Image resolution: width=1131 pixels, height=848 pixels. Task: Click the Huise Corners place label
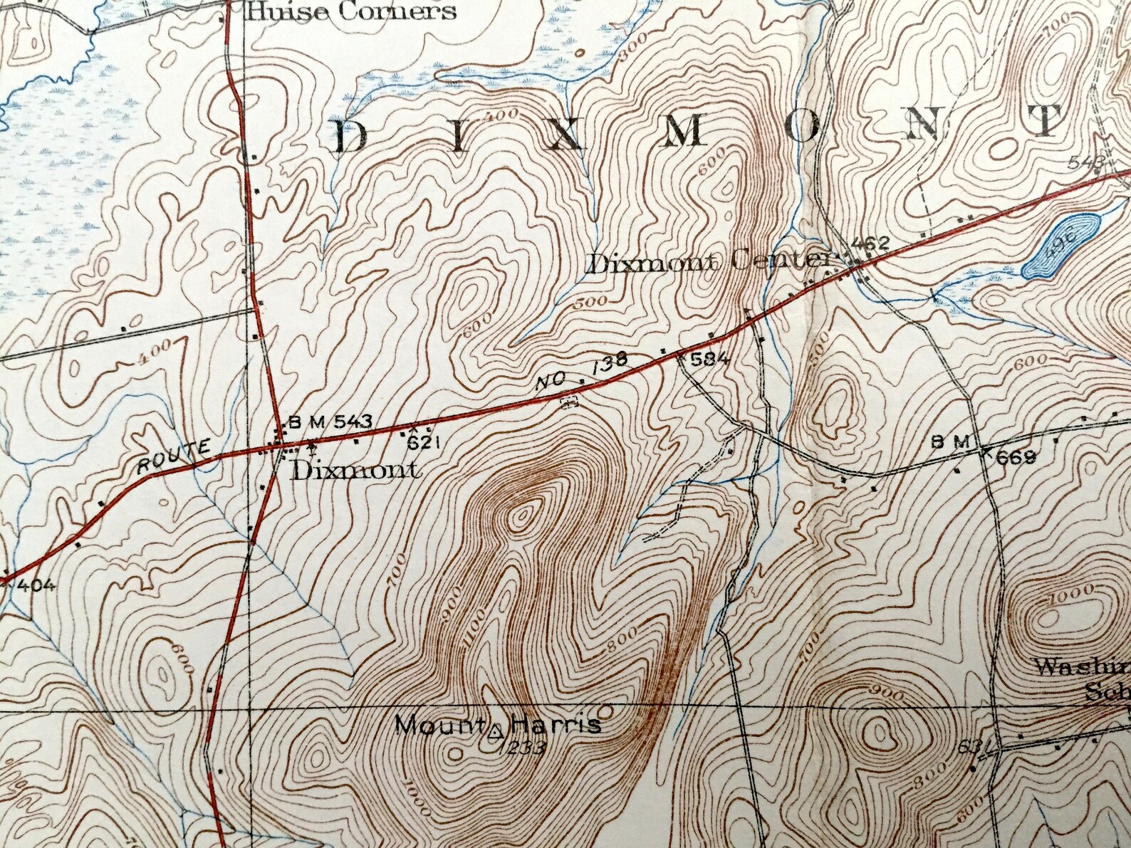(350, 11)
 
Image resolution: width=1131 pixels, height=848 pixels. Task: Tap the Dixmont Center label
(709, 263)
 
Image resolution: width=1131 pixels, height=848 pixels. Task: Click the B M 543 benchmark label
(329, 422)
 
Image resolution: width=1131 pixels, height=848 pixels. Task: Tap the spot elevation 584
(710, 360)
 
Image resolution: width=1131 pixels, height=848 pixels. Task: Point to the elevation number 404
(33, 586)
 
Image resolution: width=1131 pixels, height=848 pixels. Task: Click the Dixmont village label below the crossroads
(354, 471)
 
